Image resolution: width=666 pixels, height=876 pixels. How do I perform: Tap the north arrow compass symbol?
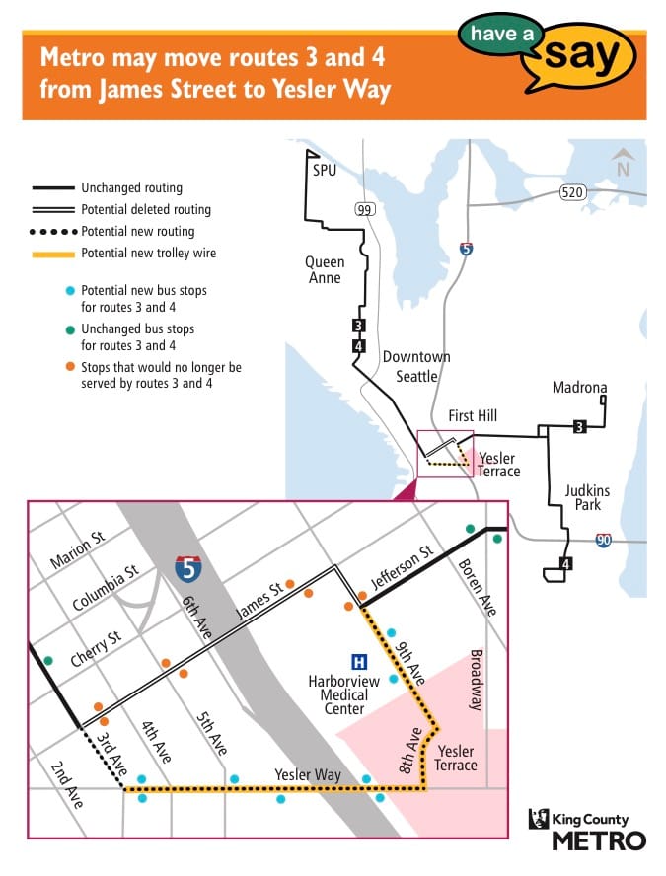click(623, 162)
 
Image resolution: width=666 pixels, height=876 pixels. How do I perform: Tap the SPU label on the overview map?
click(325, 171)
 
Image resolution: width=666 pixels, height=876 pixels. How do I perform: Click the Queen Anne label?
click(324, 270)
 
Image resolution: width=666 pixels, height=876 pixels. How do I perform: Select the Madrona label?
click(579, 388)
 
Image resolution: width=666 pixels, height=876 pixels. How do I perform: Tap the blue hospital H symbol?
click(359, 661)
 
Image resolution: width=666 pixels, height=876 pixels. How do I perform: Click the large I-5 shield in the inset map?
click(189, 568)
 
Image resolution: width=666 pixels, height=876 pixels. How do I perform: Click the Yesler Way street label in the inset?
click(309, 775)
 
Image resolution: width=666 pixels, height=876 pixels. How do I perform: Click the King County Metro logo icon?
click(539, 818)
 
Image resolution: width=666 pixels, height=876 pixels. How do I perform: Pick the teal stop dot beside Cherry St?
click(47, 660)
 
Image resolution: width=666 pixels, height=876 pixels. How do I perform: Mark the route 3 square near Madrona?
click(580, 426)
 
